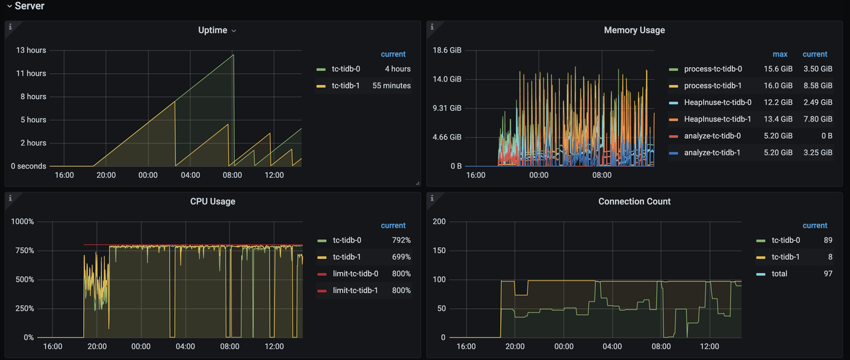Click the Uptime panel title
pos(212,31)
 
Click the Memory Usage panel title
pos(634,31)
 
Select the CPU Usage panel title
pos(212,202)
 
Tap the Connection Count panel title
pos(634,202)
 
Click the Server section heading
pos(30,6)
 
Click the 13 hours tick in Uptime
pos(31,50)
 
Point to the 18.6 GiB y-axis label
pos(447,50)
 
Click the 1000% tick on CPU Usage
pos(23,221)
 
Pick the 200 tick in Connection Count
pos(439,221)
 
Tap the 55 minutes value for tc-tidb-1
pos(391,86)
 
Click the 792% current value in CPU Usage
pos(401,240)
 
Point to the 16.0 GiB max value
pos(778,86)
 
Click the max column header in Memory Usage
pos(780,54)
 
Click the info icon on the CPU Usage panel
pos(10,198)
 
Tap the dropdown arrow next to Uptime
pos(234,31)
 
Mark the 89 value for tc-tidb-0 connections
pos(828,240)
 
